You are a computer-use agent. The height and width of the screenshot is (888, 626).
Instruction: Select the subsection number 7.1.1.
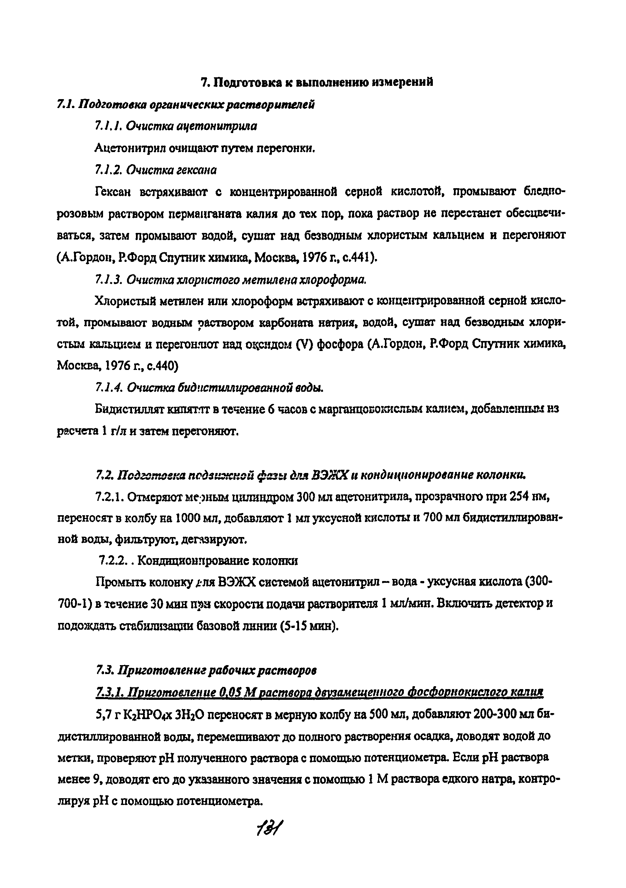(108, 126)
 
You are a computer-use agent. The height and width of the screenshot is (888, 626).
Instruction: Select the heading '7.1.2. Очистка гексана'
(156, 170)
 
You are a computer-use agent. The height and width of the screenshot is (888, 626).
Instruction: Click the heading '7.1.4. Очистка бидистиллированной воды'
(209, 387)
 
